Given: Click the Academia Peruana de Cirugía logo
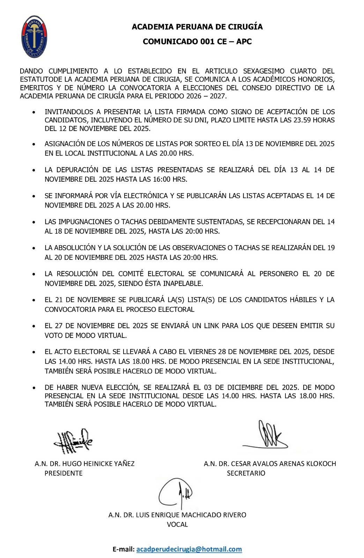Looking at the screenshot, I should click(34, 37).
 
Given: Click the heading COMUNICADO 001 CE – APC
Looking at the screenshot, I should click(197, 42).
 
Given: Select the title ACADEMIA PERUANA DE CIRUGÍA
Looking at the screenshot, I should click(197, 27).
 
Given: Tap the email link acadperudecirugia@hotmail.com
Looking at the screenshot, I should click(189, 549).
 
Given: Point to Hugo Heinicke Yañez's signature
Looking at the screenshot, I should click(73, 441).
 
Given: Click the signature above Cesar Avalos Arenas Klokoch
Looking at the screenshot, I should click(267, 436).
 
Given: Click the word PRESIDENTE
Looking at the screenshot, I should click(64, 473).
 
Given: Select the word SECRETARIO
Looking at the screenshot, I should click(246, 473).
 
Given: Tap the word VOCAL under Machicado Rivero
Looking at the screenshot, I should click(177, 524).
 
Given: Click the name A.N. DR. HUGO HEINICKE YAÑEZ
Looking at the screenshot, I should click(84, 464).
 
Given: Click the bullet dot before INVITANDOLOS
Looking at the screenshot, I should click(34, 113).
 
